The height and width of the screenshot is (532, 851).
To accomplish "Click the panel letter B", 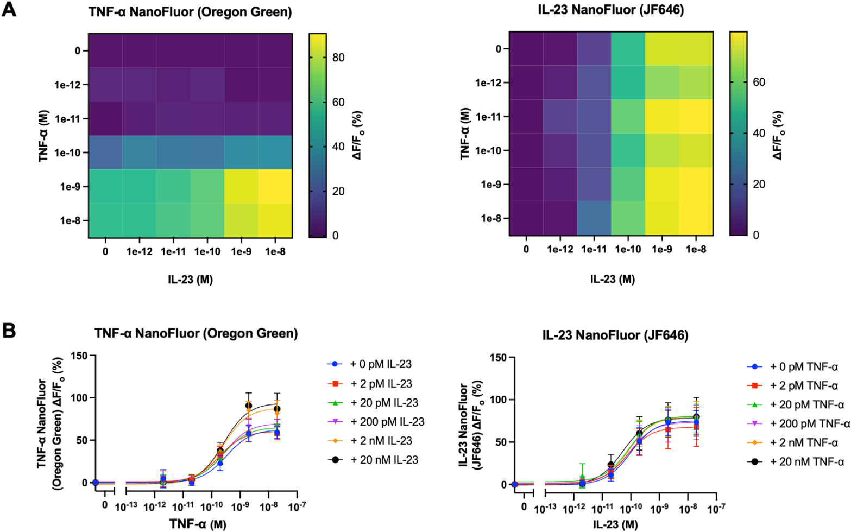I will coord(9,330).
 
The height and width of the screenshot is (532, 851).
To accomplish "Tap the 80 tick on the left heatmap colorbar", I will coord(338,58).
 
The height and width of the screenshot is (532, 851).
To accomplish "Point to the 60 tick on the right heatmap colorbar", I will coord(759,83).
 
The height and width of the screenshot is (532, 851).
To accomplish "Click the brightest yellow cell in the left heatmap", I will coord(275,186).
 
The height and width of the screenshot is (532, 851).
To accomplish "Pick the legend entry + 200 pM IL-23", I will coord(387,422).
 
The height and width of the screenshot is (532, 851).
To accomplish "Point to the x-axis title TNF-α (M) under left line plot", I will coord(198,524).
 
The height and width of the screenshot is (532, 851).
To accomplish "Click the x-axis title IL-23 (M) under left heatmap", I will coord(190,280).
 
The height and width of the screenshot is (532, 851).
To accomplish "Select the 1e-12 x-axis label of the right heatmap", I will coord(560,250).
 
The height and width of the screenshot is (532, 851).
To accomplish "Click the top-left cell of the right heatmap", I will coord(526,49).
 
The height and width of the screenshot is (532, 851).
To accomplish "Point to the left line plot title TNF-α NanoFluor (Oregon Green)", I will coord(196,333).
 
